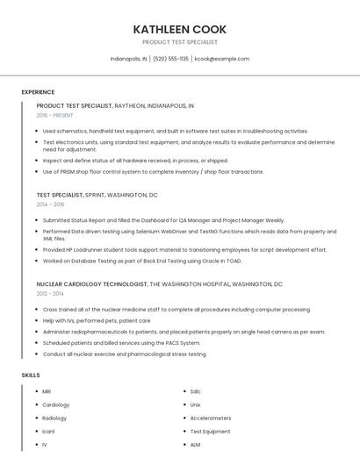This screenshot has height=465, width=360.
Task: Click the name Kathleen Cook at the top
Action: tap(179, 28)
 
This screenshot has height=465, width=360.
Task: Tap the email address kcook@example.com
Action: tap(222, 59)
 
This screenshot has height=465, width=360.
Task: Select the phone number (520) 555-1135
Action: tap(170, 59)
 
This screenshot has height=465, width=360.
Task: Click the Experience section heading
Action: tap(38, 92)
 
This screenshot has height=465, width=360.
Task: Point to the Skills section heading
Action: tap(31, 375)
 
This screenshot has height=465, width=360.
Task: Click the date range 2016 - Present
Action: tap(55, 115)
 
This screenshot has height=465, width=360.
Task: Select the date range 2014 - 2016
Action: tap(50, 204)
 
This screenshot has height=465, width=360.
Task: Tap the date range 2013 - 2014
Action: tap(50, 294)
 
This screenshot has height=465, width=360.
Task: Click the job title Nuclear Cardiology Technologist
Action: tap(92, 284)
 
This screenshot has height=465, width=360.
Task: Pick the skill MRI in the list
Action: tap(47, 391)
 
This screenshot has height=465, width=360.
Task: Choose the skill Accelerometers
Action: tap(210, 418)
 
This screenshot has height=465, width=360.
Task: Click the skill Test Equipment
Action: tap(210, 432)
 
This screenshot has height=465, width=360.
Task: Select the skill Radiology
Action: tap(54, 418)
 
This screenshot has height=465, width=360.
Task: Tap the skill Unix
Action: tap(196, 404)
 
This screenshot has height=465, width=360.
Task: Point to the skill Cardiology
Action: tap(55, 404)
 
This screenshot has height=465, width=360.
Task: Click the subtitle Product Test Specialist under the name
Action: tap(179, 42)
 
